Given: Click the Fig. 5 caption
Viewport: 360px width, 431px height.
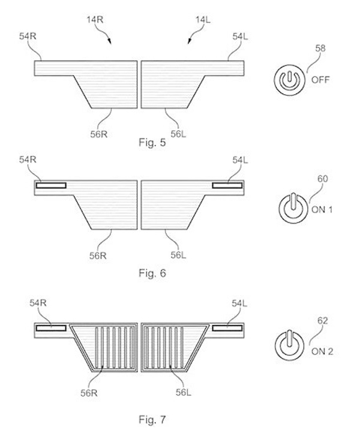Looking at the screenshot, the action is (x=152, y=143).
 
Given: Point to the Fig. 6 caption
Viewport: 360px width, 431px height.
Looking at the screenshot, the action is (x=152, y=273).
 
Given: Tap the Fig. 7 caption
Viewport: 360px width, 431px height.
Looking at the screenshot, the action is (x=152, y=420).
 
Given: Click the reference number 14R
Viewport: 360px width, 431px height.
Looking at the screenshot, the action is (x=95, y=20).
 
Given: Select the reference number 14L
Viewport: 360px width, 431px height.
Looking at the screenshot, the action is (x=203, y=20).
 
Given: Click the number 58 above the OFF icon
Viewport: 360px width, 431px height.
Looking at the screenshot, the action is (x=320, y=49).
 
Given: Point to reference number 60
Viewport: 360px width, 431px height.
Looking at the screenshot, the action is (x=323, y=179).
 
